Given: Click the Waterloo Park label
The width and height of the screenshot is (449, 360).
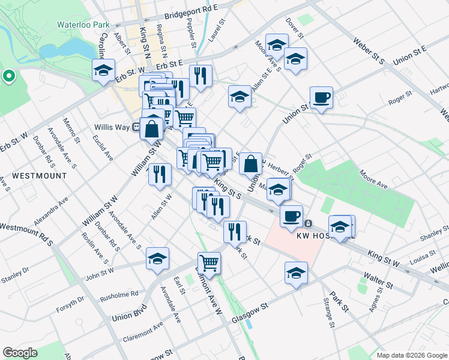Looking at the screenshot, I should click(x=84, y=25).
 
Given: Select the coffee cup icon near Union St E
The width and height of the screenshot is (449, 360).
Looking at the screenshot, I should click(x=321, y=97).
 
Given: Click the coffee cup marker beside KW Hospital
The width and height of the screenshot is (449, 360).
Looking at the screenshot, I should click(x=291, y=216).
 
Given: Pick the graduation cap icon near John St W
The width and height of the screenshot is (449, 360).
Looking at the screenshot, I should click(x=157, y=259).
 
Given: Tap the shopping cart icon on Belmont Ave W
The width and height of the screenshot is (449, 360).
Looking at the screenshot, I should click(x=209, y=262).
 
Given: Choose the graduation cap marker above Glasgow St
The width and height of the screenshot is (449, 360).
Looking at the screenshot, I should click(x=296, y=273).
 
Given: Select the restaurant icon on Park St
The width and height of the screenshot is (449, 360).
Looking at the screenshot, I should click(x=235, y=231).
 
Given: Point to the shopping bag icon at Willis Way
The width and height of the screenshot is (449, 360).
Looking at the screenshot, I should click(x=152, y=127).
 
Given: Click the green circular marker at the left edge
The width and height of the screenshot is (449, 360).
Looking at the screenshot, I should click(x=8, y=76).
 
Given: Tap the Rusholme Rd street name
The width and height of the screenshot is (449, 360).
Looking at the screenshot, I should click(x=119, y=294).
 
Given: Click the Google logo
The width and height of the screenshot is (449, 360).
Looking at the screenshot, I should click(x=20, y=352).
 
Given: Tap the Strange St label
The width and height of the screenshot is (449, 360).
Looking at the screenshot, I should click(x=329, y=311).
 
